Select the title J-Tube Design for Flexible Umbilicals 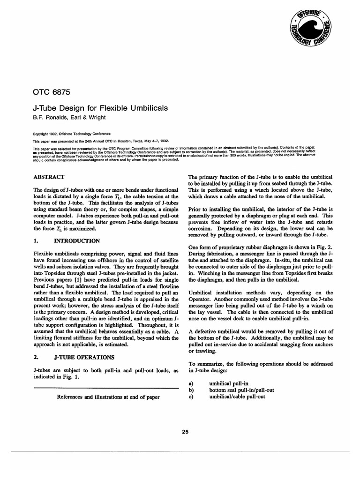[x=100, y=108]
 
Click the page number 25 [x=185, y=432]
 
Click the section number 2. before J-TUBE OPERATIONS [x=36, y=357]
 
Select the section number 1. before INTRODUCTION [x=36, y=241]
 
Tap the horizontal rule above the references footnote [x=107, y=389]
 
